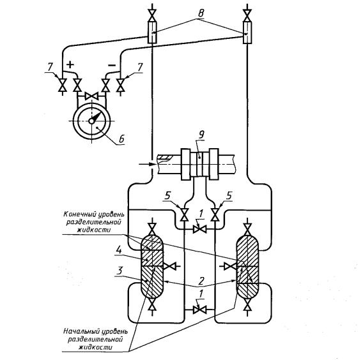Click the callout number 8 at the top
tap(201, 13)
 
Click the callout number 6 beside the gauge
tap(121, 139)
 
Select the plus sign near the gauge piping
tap(70, 64)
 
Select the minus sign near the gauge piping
tap(112, 66)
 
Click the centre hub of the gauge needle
tap(91, 121)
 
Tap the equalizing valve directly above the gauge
tap(91, 96)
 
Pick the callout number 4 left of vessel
tap(119, 251)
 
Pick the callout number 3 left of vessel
tap(120, 271)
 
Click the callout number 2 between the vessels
tap(201, 281)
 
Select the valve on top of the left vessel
tap(152, 229)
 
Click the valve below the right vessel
tap(248, 304)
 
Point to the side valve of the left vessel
tap(170, 266)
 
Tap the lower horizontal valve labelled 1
tap(199, 310)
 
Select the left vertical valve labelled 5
tap(185, 214)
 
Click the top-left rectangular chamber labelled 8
tap(152, 32)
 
